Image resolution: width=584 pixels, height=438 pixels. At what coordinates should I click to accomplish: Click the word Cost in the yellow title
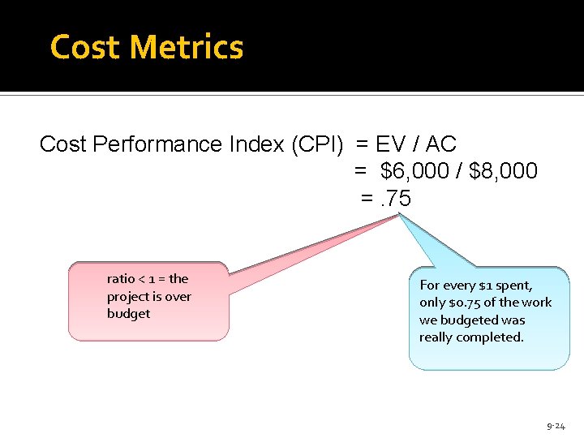pos(85,47)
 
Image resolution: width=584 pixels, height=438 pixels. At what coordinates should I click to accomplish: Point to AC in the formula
pos(441,144)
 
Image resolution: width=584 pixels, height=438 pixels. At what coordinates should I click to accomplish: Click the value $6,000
pos(413,171)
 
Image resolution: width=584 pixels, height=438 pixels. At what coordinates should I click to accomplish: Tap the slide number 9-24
pos(556,426)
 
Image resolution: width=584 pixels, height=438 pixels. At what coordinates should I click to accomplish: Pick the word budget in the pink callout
pos(128,314)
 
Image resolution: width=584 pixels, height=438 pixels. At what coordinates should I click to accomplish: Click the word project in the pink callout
pos(130,297)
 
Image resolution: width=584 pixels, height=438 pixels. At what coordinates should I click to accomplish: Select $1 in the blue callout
pos(486,286)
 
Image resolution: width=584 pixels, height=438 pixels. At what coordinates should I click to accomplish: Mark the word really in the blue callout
pos(436,337)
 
